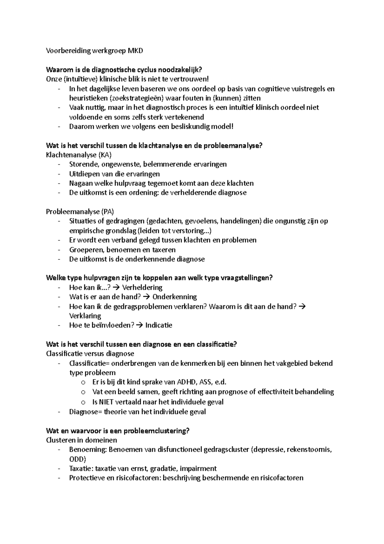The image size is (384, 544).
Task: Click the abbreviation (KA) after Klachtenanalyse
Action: tap(105, 155)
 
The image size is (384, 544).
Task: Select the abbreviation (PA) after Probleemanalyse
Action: tap(107, 212)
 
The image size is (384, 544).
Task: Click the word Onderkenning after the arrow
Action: tap(174, 297)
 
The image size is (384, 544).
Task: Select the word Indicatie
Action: tap(159, 325)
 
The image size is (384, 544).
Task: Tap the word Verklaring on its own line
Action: tap(85, 316)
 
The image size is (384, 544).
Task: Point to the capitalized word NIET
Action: tap(107, 402)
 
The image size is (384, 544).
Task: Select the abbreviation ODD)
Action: tap(78, 459)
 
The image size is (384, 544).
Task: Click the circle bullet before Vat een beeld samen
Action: tap(83, 392)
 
